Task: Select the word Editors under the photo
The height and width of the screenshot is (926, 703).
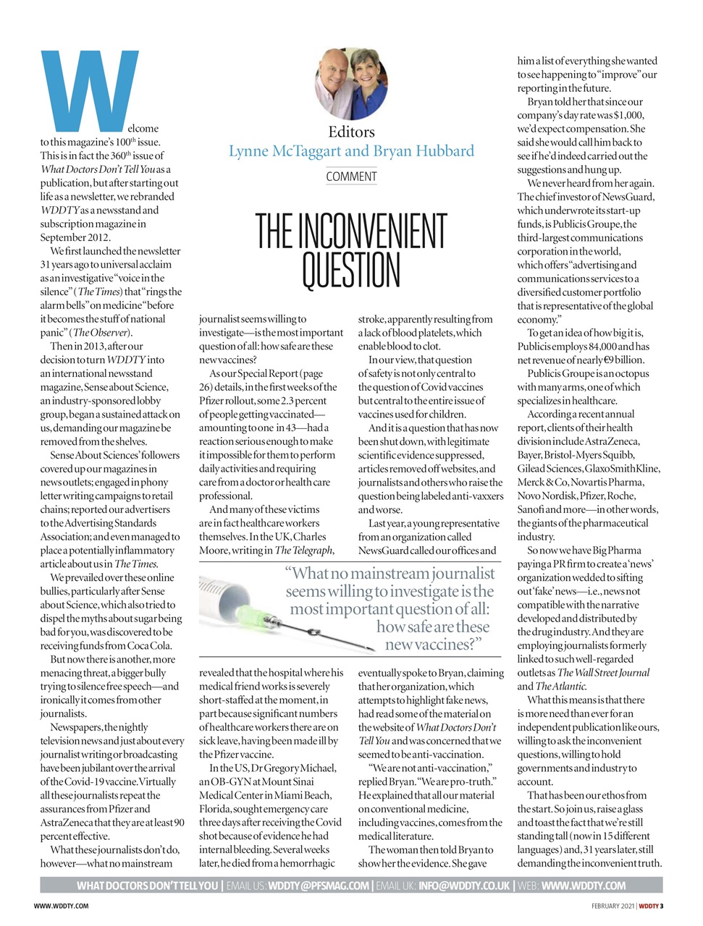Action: coord(351,132)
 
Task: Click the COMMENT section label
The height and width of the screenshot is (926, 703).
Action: coord(351,177)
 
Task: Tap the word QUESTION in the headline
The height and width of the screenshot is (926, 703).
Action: coord(351,270)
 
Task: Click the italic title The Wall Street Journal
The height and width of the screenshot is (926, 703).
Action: coord(604,673)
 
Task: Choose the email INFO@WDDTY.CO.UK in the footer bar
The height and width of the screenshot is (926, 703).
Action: coord(464,885)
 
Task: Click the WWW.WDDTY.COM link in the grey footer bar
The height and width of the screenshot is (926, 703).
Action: coord(583,885)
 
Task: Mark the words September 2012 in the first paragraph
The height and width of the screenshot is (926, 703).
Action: coord(75,237)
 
